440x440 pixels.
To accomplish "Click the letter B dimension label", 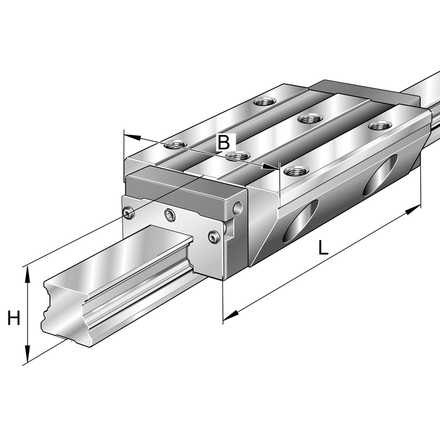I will pos(224,143).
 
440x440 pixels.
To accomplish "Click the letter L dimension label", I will pos(323,247).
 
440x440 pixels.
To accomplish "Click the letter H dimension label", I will pos(13,318).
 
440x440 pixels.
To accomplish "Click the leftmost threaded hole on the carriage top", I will pos(175,143).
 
